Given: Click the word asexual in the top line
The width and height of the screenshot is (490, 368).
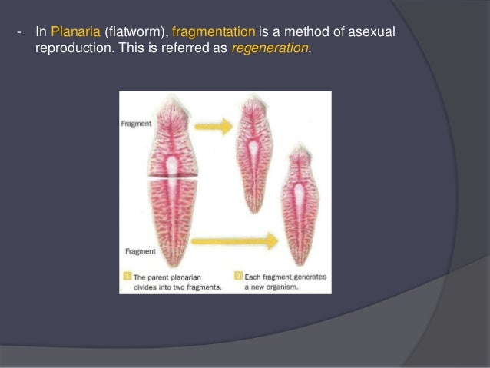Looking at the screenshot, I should pos(376,32).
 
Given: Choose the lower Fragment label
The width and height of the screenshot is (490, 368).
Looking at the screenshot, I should pos(138,251).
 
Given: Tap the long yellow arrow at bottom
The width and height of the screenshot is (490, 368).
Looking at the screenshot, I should pos(234,242).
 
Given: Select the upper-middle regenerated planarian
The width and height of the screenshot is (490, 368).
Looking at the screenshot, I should pos(253,146).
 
